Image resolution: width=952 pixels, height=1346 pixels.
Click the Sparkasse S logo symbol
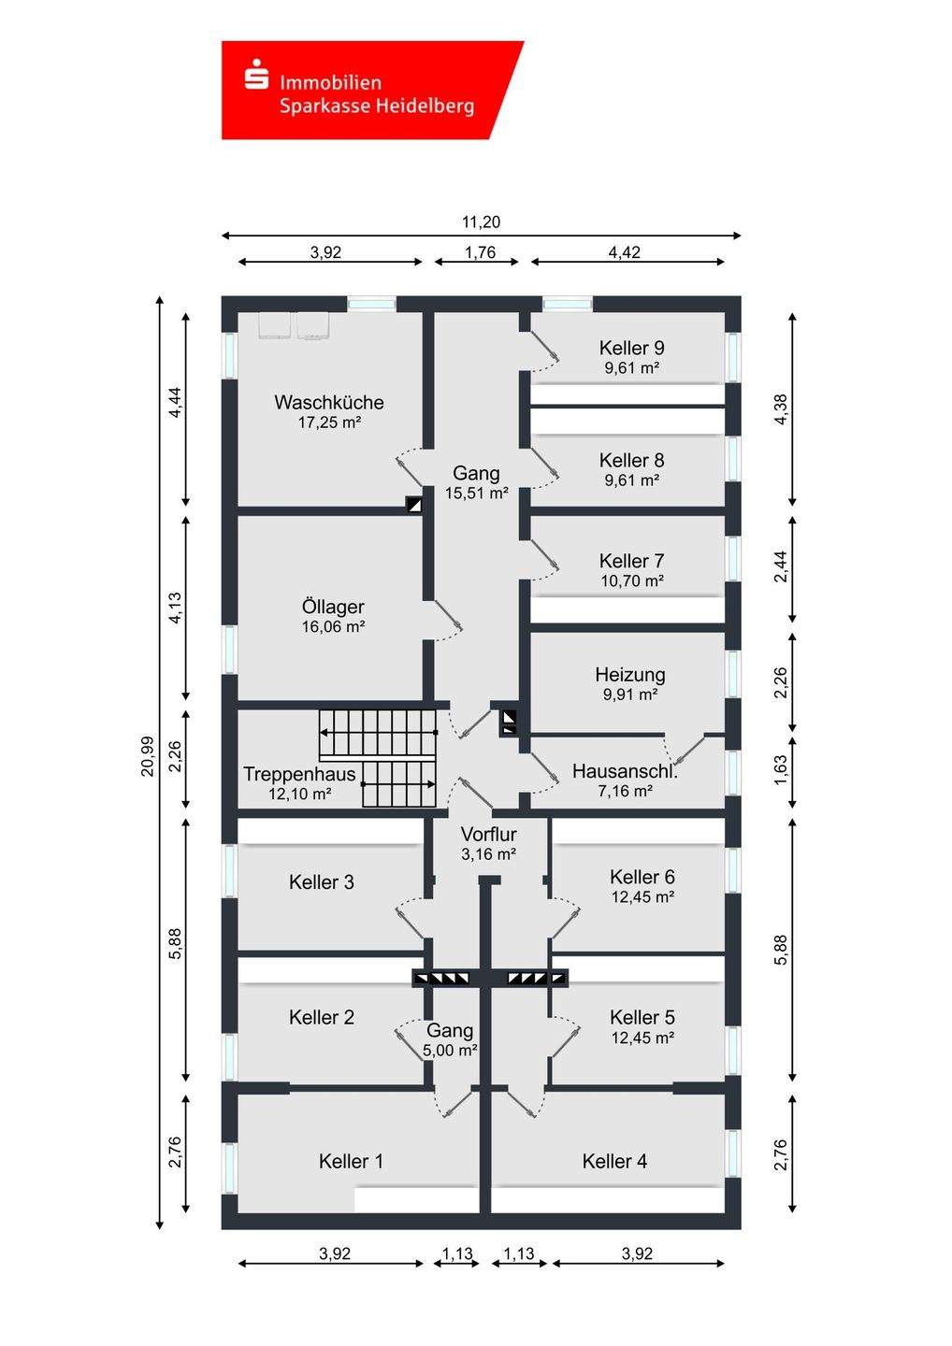tap(256, 75)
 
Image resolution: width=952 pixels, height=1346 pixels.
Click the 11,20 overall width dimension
tap(481, 222)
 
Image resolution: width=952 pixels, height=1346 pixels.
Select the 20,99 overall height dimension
tap(148, 756)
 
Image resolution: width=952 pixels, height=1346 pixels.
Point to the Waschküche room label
tap(329, 402)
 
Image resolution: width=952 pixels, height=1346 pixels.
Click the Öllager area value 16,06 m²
tap(334, 626)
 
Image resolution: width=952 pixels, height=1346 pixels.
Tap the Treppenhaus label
tap(299, 773)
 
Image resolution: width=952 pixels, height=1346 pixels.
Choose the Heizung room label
tap(630, 674)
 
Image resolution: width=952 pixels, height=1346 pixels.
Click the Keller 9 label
tap(631, 348)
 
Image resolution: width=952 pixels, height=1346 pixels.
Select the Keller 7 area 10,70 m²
tap(632, 580)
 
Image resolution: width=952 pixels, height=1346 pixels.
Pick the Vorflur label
tap(488, 834)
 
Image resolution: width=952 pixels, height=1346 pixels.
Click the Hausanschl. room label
tap(625, 771)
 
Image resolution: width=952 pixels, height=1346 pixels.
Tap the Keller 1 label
tap(351, 1161)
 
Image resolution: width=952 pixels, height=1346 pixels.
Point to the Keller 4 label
tap(614, 1161)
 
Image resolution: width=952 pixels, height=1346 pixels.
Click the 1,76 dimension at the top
tap(480, 251)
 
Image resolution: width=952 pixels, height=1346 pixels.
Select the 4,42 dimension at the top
tap(625, 251)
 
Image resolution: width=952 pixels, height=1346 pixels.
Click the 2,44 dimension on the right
tap(780, 567)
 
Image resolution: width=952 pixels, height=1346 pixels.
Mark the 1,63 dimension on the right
tap(780, 770)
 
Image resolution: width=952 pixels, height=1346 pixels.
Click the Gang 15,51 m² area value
tap(477, 494)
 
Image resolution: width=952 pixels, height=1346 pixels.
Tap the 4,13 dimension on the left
tap(174, 608)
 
